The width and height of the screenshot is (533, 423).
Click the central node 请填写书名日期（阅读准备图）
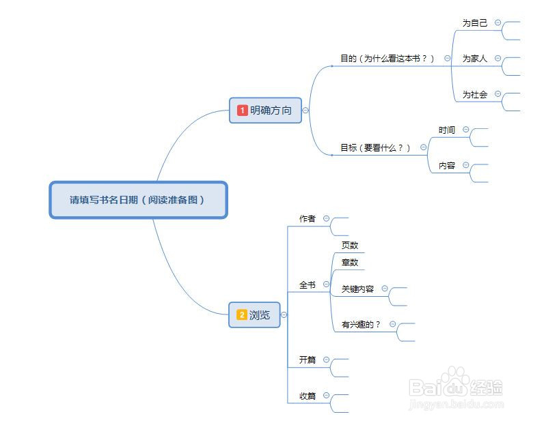(138, 200)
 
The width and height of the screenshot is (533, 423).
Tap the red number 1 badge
(242, 110)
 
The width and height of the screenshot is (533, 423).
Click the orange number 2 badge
(241, 315)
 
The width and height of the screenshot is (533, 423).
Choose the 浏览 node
(260, 315)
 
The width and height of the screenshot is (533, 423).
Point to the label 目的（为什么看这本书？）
(387, 59)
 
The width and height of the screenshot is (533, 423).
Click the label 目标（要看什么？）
(376, 147)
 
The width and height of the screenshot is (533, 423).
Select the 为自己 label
(475, 23)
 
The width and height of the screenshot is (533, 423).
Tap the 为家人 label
(475, 59)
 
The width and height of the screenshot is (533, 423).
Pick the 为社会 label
(475, 95)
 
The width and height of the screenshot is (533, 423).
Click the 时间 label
(447, 130)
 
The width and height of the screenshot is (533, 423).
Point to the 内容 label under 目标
(447, 166)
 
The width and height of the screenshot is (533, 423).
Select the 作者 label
(307, 219)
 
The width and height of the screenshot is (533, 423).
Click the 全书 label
(307, 285)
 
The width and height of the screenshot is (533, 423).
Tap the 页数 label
(350, 245)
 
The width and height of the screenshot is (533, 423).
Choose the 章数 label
(350, 263)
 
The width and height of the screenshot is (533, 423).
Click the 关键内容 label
(358, 289)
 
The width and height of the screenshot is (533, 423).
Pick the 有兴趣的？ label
(361, 325)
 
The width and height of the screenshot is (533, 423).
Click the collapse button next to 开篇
(326, 360)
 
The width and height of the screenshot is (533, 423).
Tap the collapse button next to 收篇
(326, 395)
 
